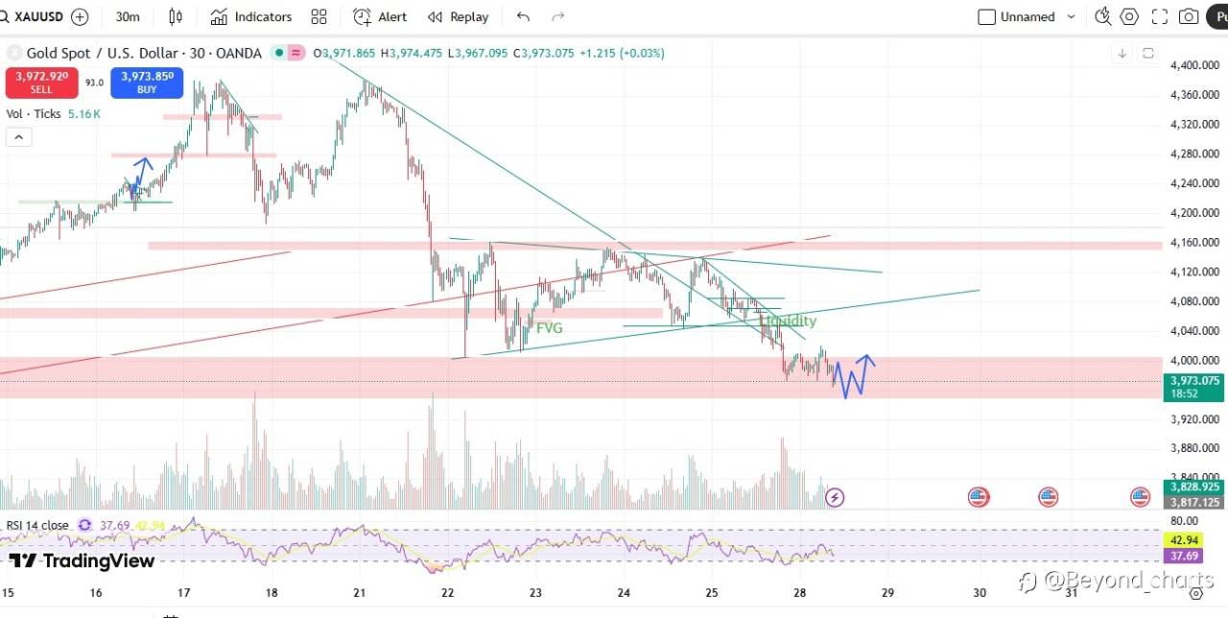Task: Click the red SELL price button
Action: pos(41,82)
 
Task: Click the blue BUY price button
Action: pos(147,82)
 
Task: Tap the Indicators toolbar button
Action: pos(251,16)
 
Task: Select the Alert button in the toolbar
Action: pos(380,16)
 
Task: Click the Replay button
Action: pos(459,16)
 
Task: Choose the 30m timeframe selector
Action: pos(127,16)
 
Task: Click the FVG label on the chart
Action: pos(549,327)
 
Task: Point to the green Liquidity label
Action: pos(788,321)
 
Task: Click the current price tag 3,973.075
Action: pos(1194,380)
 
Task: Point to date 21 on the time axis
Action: pos(359,592)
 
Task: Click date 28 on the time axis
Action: pos(798,592)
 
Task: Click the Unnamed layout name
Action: pos(1027,16)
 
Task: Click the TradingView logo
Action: pos(82,560)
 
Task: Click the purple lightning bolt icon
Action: pos(835,497)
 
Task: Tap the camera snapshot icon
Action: pos(1189,16)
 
